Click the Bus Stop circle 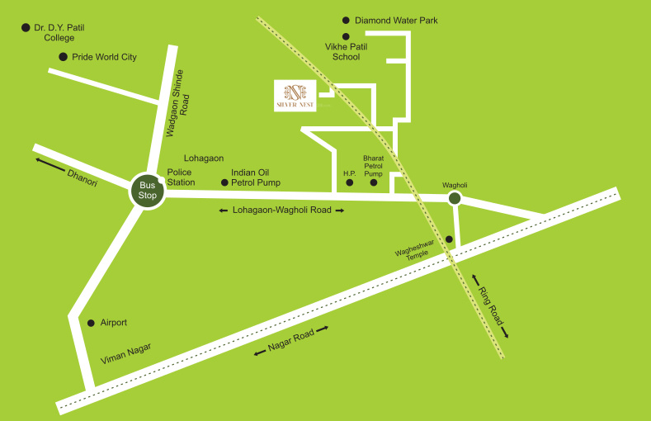pyautogui.click(x=148, y=191)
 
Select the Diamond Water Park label pyautogui.click(x=396, y=21)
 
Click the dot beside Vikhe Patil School pyautogui.click(x=346, y=36)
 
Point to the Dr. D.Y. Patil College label pyautogui.click(x=59, y=32)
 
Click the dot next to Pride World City pyautogui.click(x=63, y=57)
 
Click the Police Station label pyautogui.click(x=181, y=177)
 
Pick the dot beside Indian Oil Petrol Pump pyautogui.click(x=224, y=182)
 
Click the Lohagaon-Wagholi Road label pyautogui.click(x=281, y=210)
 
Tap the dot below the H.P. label pyautogui.click(x=349, y=182)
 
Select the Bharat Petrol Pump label pyautogui.click(x=374, y=164)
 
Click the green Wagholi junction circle pyautogui.click(x=454, y=198)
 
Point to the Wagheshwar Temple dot pyautogui.click(x=449, y=239)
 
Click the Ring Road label pyautogui.click(x=488, y=305)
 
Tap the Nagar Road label pyautogui.click(x=292, y=340)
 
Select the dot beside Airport pyautogui.click(x=91, y=323)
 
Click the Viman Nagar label pyautogui.click(x=126, y=355)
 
